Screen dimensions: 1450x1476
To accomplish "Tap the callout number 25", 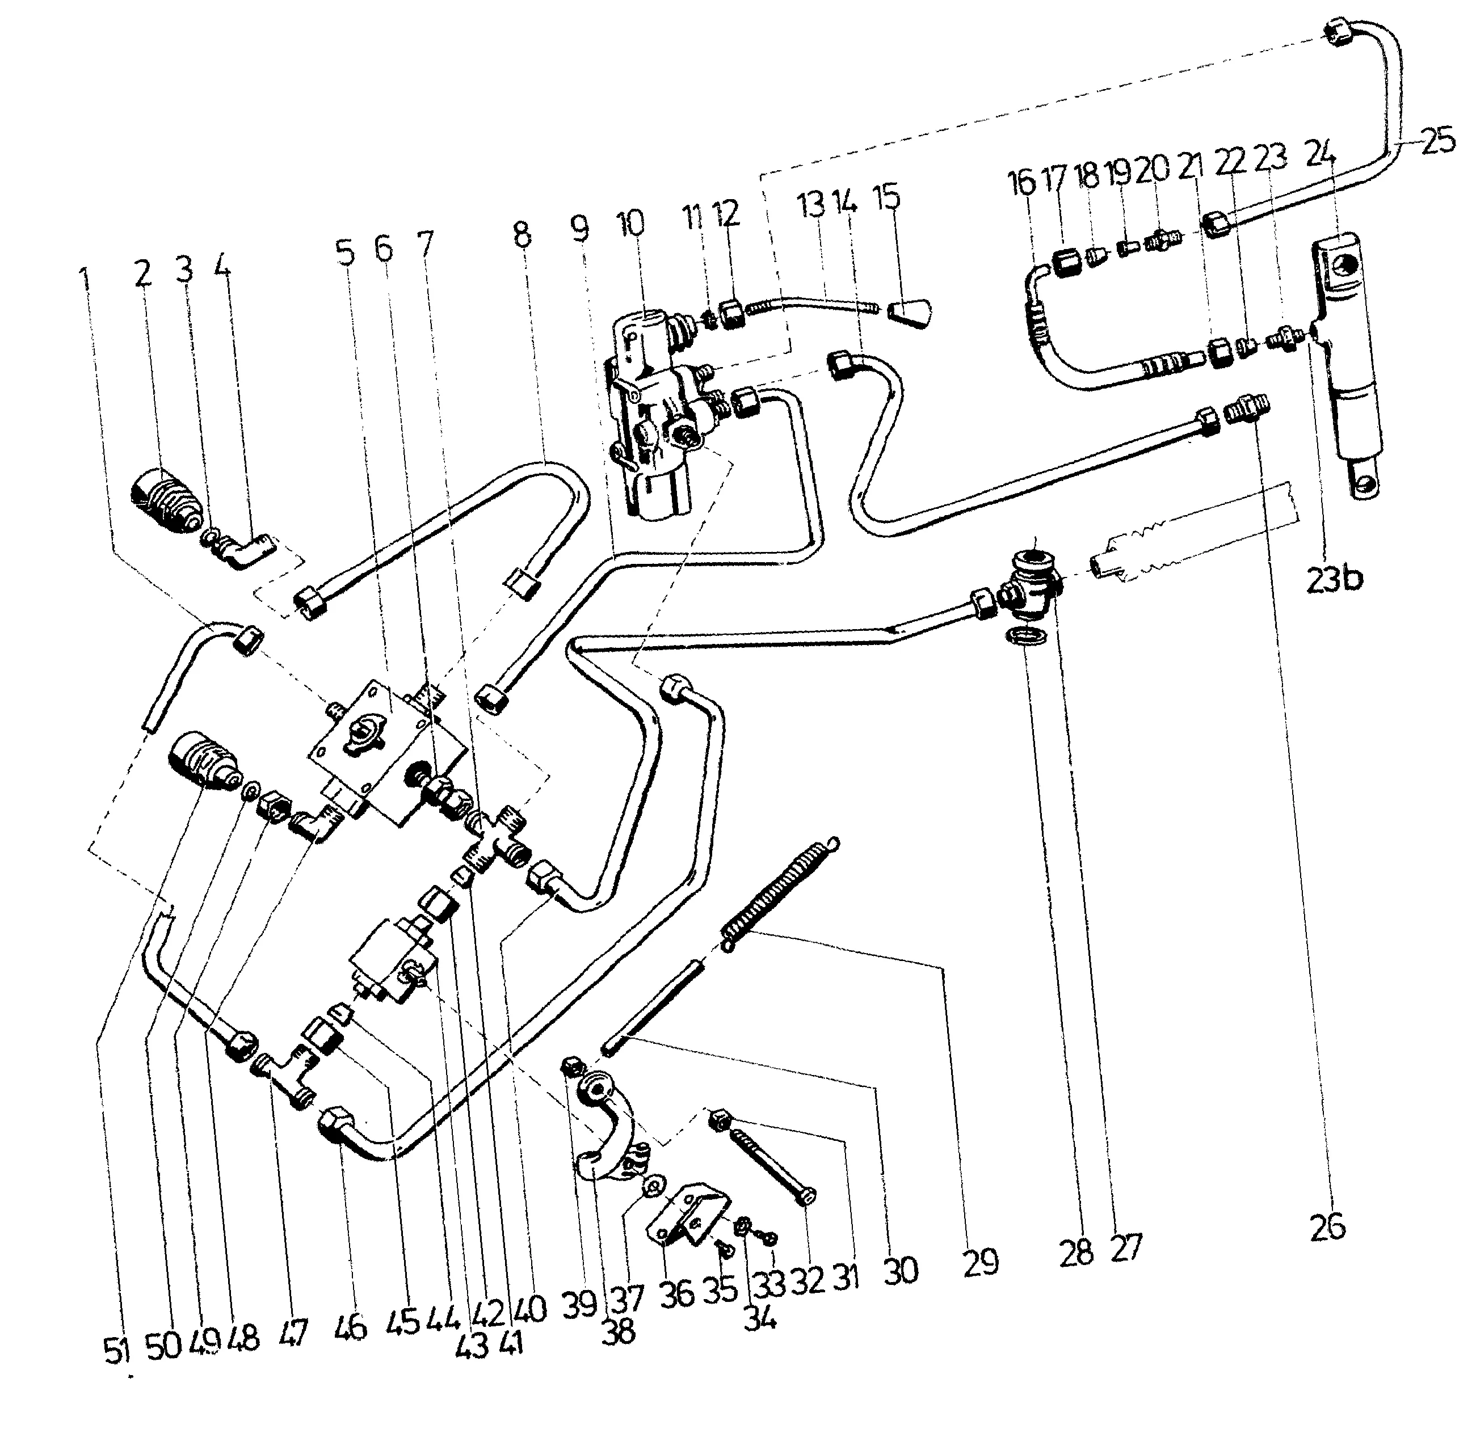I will point(1437,142).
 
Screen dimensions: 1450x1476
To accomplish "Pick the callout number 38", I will point(617,1332).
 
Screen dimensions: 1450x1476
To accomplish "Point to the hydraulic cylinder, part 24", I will point(1344,365).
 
